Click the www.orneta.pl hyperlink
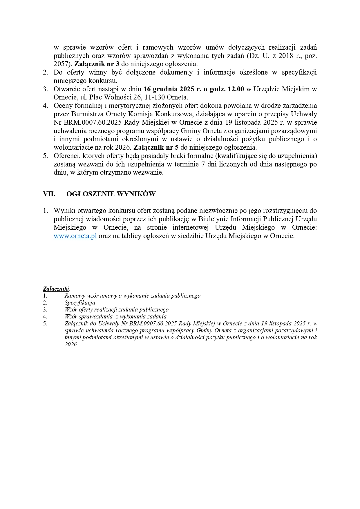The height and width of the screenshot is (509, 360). (75, 236)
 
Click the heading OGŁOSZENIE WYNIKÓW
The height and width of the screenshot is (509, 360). (111, 194)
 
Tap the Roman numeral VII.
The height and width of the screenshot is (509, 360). (49, 194)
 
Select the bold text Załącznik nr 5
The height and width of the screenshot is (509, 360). (156, 147)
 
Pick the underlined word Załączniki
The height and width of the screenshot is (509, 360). (56, 289)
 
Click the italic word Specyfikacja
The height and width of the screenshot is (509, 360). (80, 302)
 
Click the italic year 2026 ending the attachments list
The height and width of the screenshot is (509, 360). (71, 344)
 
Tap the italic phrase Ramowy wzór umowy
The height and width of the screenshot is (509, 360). (91, 296)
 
